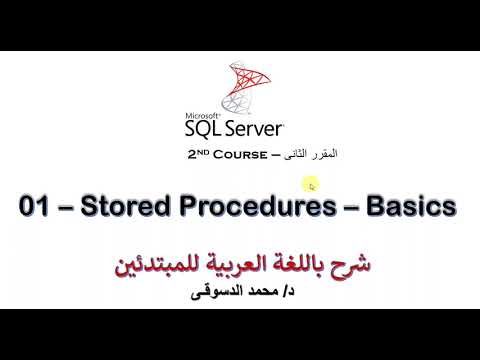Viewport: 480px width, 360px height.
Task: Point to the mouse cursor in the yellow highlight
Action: [x=312, y=184]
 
